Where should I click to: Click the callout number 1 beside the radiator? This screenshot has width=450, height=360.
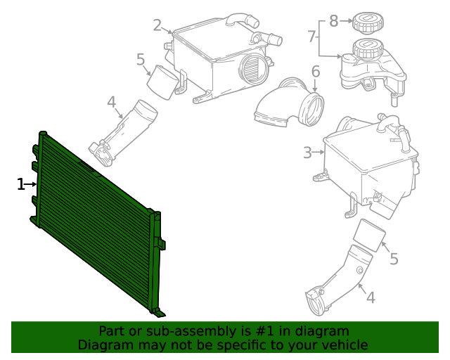(x=20, y=184)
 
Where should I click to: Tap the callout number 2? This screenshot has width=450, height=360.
(x=157, y=26)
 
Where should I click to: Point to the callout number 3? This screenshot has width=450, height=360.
(x=307, y=152)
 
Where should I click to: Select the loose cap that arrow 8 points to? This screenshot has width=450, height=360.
(x=366, y=22)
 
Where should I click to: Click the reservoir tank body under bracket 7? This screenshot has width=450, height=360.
(x=366, y=67)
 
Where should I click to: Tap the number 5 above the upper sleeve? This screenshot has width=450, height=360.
(x=141, y=60)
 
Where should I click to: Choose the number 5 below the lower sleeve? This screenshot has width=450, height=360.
(x=394, y=259)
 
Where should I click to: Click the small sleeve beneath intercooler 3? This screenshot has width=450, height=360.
(x=369, y=235)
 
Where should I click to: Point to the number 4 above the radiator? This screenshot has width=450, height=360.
(x=111, y=103)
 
